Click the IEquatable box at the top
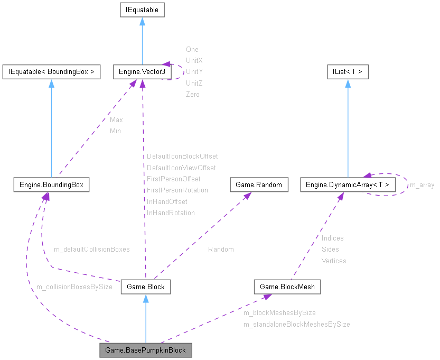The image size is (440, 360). coord(142,10)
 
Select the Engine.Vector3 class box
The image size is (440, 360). coord(139,72)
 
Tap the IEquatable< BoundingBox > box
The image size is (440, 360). coord(51,72)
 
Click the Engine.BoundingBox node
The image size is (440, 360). coord(51,184)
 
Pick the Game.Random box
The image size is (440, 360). coord(259,184)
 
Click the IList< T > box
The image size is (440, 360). coord(347,72)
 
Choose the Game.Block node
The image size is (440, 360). coord(146,287)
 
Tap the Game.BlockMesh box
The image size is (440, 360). coord(287,287)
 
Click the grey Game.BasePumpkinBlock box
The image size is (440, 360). coord(145,350)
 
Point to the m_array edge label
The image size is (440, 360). coord(422,185)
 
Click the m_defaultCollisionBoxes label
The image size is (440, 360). coord(91,249)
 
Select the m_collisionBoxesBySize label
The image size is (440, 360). coord(74,287)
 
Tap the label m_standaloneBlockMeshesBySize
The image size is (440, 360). coord(296,324)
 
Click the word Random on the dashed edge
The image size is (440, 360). coord(220,249)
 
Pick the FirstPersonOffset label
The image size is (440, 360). coord(173,179)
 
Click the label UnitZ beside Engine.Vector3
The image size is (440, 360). coord(194,83)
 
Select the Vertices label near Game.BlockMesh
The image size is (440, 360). coord(334,261)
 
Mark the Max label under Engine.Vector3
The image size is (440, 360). coord(116,120)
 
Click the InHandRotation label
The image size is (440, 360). coord(171,213)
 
